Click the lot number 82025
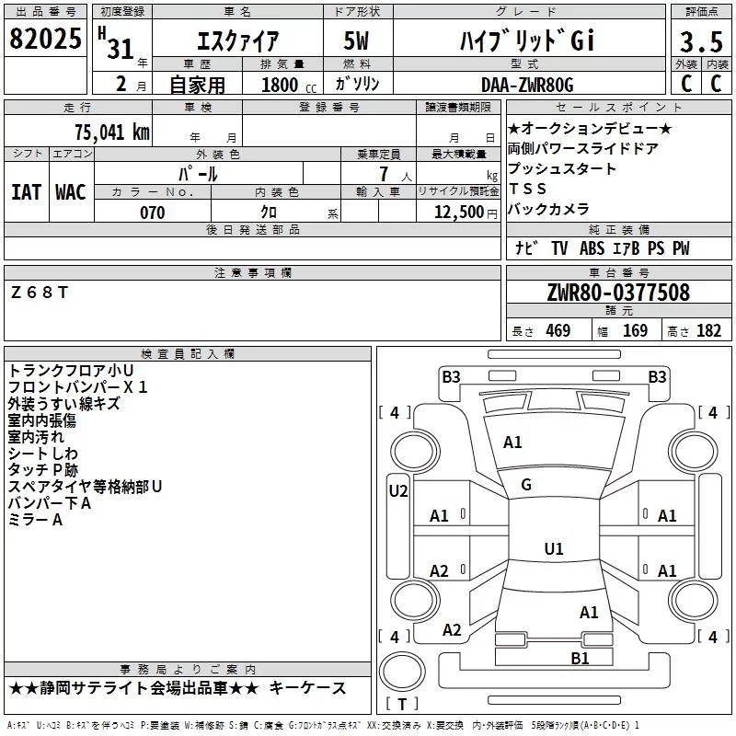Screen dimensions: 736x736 click(x=45, y=39)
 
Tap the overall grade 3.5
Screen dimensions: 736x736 click(x=701, y=41)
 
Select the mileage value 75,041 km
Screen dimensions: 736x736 click(x=112, y=132)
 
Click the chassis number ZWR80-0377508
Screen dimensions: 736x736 click(x=618, y=293)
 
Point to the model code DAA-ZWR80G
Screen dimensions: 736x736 click(x=527, y=85)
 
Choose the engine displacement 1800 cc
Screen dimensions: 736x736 click(x=289, y=86)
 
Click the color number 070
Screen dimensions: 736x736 click(x=153, y=213)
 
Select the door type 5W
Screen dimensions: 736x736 click(x=356, y=40)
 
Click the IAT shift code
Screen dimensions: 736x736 click(x=27, y=192)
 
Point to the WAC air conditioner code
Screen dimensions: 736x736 click(x=71, y=192)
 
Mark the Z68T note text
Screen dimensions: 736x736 click(x=40, y=293)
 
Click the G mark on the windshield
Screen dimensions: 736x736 click(x=526, y=485)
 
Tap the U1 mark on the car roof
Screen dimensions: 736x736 click(x=554, y=548)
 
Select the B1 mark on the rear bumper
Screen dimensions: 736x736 click(x=580, y=658)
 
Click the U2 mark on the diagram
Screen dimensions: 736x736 click(x=398, y=491)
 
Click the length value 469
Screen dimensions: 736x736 click(x=558, y=330)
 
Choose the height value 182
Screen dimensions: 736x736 click(x=708, y=330)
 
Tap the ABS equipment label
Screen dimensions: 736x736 click(x=592, y=248)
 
